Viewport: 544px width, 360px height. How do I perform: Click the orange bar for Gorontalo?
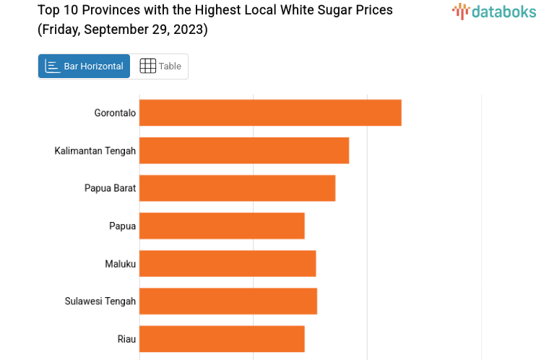(270, 113)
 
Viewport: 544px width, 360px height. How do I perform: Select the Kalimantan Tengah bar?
(244, 150)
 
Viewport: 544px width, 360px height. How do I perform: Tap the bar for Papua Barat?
(237, 188)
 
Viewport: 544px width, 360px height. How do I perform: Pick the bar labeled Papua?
(222, 226)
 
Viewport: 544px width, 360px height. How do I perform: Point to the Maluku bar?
(228, 263)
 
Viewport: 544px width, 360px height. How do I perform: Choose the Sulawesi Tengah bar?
(228, 301)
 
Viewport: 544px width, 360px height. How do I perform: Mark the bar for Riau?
(222, 338)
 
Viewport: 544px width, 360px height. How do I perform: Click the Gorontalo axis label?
(115, 113)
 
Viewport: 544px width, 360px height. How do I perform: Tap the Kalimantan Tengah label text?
(95, 150)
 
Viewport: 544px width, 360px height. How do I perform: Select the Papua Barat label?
(110, 188)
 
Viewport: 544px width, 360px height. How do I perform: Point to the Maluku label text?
(120, 264)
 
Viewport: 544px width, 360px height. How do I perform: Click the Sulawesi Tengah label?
(100, 301)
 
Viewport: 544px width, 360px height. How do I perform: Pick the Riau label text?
(126, 339)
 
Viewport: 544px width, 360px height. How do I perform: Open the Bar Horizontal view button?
(85, 67)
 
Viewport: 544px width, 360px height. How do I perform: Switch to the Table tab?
(170, 67)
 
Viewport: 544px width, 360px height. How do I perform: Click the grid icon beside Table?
(147, 67)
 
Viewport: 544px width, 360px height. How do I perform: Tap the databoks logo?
(494, 11)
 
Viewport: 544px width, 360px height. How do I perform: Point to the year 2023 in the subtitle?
(187, 30)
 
